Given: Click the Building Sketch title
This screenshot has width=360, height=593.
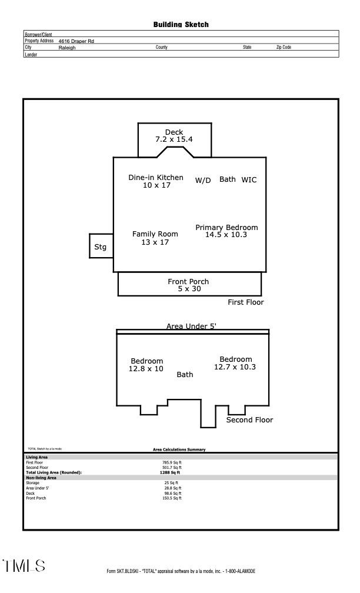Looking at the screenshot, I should [181, 25].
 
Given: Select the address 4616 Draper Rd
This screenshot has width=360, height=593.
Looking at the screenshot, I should [76, 41].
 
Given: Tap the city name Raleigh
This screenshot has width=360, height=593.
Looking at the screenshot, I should [67, 48].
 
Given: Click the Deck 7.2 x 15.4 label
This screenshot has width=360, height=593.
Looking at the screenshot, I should [174, 136].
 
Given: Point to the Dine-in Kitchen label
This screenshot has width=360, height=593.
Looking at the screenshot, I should [156, 181].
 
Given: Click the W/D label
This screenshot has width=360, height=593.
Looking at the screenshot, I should [203, 181].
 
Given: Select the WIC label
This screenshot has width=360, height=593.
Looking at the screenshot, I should [249, 179].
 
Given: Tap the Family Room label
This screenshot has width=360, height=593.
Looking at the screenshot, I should [155, 238].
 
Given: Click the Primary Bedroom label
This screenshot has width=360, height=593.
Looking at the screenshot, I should [226, 231].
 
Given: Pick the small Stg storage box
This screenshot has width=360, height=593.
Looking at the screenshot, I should [101, 247].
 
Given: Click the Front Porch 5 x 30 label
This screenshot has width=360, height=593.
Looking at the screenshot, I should [188, 285].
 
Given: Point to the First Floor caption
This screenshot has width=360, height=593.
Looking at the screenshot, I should [246, 302].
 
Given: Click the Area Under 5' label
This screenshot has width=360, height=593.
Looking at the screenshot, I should [192, 327].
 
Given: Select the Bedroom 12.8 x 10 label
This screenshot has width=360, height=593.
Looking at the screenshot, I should [146, 365].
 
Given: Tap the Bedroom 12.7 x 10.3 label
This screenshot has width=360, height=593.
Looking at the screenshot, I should [235, 363].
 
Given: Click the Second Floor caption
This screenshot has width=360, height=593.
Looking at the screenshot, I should [250, 420].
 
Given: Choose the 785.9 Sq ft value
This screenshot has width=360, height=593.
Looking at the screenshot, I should [172, 463].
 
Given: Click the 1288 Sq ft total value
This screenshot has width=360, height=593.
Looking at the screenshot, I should [170, 472].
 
